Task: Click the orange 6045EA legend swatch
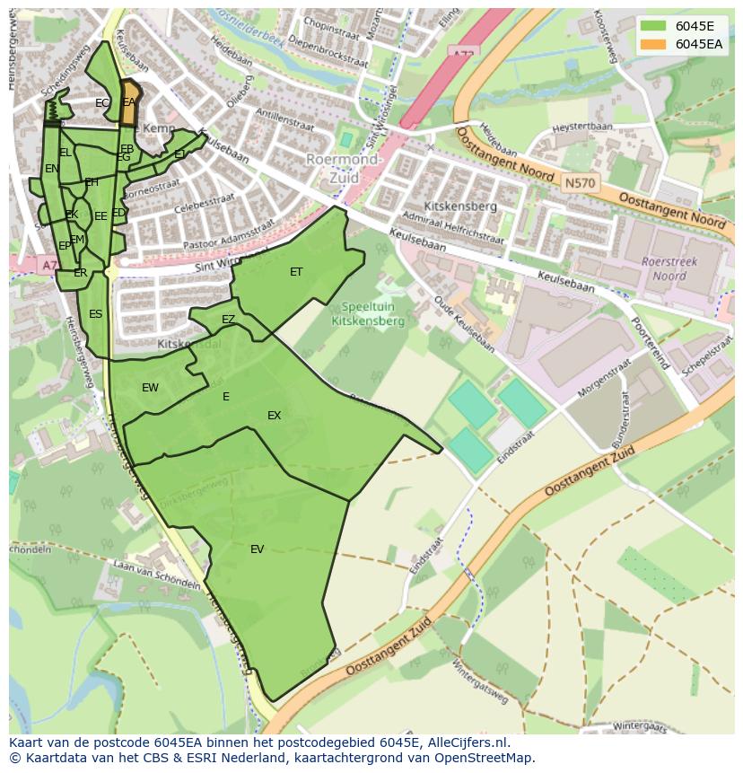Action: coord(652,44)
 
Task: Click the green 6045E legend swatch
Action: coord(652,26)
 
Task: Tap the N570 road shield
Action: coord(578,183)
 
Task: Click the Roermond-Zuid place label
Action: coord(345,169)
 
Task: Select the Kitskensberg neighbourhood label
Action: coord(461,206)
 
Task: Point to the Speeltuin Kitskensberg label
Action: coord(368,312)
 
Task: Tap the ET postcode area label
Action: coord(296,272)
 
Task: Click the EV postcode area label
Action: coord(258,549)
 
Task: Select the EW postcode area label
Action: coord(150,388)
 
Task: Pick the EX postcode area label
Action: coord(274,416)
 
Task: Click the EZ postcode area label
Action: coord(228,320)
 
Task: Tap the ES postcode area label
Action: coord(95,314)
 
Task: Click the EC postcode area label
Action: coord(102,103)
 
